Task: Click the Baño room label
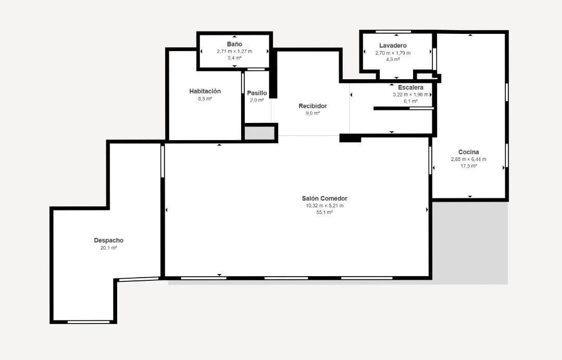click(234, 44)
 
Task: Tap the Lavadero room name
click(393, 45)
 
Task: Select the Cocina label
click(468, 152)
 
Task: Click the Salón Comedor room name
click(324, 198)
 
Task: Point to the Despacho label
click(109, 240)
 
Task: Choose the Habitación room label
click(205, 91)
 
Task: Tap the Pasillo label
click(257, 93)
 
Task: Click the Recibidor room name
click(313, 106)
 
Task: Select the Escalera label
click(411, 87)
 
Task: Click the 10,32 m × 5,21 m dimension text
click(324, 206)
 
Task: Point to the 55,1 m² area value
click(324, 212)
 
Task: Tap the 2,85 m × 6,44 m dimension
click(468, 159)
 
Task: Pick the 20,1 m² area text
click(109, 248)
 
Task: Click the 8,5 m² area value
click(205, 98)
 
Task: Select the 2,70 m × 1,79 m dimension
click(393, 53)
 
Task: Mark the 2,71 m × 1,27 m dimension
click(234, 51)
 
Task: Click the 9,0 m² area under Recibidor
click(313, 113)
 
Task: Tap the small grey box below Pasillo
click(259, 133)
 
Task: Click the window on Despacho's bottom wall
click(89, 322)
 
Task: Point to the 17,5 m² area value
click(468, 166)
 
